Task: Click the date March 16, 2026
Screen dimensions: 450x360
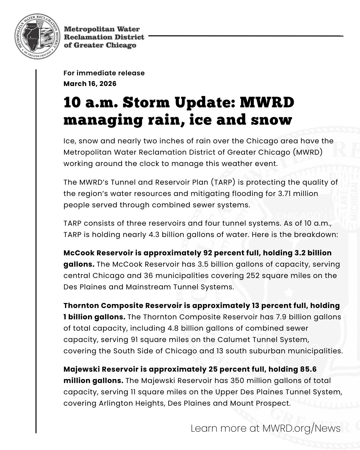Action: coord(90,84)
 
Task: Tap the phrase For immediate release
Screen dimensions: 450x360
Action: coord(104,73)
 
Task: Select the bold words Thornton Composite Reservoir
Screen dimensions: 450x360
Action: coord(123,306)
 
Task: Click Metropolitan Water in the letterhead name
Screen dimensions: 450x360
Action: coord(102,29)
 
